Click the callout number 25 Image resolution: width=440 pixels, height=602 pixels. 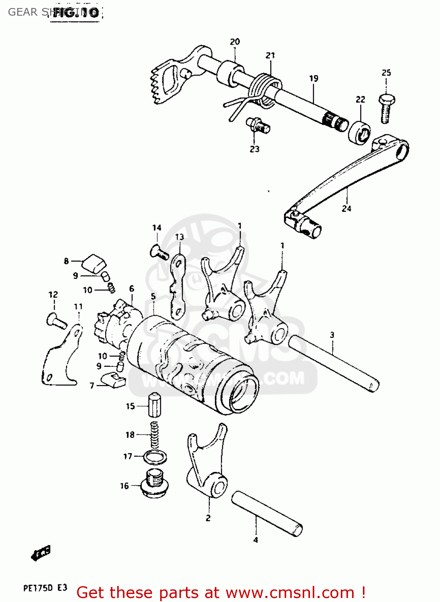point(386,73)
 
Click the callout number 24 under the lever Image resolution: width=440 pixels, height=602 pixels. point(346,208)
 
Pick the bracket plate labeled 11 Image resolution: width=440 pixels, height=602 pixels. point(60,359)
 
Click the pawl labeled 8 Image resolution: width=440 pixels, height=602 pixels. point(94,263)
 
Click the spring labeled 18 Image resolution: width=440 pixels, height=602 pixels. point(155,435)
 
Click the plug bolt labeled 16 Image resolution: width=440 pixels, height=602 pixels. point(155,484)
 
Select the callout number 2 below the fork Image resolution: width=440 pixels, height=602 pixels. point(208,518)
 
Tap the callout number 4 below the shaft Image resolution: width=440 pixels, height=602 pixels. point(256,540)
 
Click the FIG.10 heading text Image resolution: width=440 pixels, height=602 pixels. point(75,13)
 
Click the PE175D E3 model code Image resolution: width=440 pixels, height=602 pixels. point(45,588)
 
